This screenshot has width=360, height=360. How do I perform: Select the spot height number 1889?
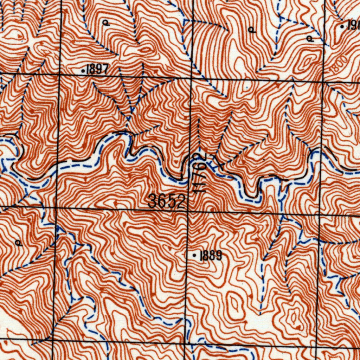tap(211, 256)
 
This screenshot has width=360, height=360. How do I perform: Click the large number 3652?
tap(167, 202)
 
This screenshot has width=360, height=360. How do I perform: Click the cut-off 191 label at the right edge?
tap(353, 26)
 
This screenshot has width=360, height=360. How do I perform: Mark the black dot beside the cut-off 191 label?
tap(343, 26)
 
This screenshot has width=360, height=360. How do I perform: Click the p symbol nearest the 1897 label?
tap(106, 23)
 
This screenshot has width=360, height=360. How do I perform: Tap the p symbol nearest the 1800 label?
tap(310, 38)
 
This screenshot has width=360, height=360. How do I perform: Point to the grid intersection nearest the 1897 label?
tap(59, 75)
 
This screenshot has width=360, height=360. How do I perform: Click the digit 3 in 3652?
tap(152, 202)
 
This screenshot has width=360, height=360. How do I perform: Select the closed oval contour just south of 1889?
tap(233, 302)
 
